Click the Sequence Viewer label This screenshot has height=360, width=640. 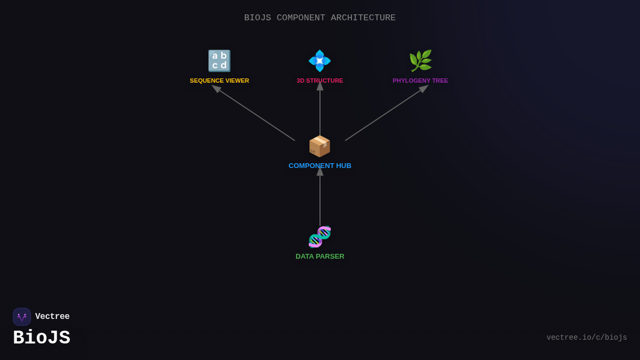pyautogui.click(x=219, y=81)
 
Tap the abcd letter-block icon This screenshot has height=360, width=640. pyautogui.click(x=219, y=61)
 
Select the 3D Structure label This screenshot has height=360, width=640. pyautogui.click(x=320, y=81)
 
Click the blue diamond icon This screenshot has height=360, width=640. pyautogui.click(x=320, y=61)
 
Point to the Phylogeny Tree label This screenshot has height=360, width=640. pyautogui.click(x=420, y=81)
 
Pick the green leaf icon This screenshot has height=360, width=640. pyautogui.click(x=420, y=61)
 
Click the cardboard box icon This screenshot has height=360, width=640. pyautogui.click(x=320, y=146)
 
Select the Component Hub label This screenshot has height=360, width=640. pyautogui.click(x=320, y=166)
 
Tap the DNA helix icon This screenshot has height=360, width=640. pyautogui.click(x=320, y=237)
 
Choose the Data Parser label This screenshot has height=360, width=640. pyautogui.click(x=320, y=257)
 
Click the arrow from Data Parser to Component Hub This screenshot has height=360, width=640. pyautogui.click(x=320, y=197)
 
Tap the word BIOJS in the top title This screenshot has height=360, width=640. pyautogui.click(x=258, y=18)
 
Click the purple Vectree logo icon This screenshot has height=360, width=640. pyautogui.click(x=22, y=317)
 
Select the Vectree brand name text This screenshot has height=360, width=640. pyautogui.click(x=52, y=317)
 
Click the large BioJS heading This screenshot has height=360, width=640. pyautogui.click(x=42, y=338)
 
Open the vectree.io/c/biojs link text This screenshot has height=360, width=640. pyautogui.click(x=587, y=338)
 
